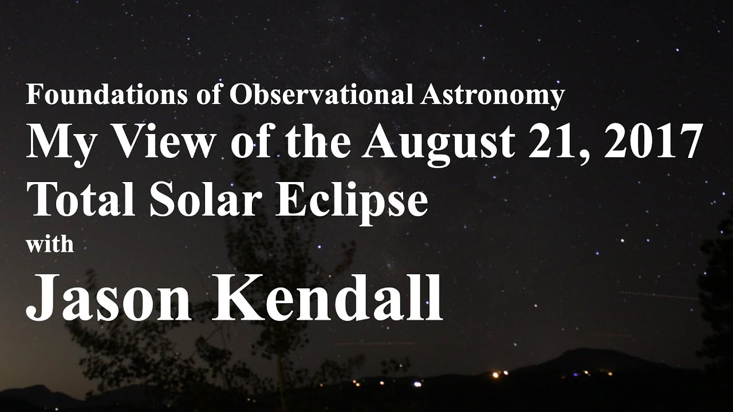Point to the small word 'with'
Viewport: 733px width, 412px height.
50,244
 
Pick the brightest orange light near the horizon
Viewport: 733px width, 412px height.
496,375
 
